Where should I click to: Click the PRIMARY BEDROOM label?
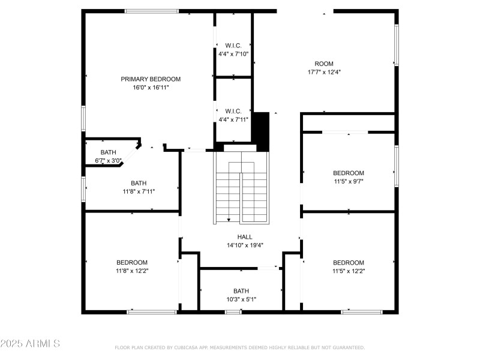point(151,79)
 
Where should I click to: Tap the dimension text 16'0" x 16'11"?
point(151,88)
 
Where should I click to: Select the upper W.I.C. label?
point(233,46)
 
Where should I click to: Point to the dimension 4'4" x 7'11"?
point(233,119)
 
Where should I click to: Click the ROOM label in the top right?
point(324,64)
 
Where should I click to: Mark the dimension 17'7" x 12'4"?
point(324,72)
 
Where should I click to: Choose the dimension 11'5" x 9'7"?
point(349,181)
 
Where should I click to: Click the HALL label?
point(245,236)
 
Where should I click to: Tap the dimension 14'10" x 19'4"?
point(245,245)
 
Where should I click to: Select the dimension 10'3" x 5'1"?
point(241,299)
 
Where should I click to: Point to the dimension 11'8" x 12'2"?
point(132,271)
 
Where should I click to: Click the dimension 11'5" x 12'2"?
point(349,271)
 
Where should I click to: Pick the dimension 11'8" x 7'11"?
point(139,192)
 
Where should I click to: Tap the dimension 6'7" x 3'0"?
point(109,161)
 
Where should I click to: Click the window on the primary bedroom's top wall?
point(152,11)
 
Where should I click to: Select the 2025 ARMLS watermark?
point(30,344)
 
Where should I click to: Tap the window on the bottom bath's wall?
point(233,312)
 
